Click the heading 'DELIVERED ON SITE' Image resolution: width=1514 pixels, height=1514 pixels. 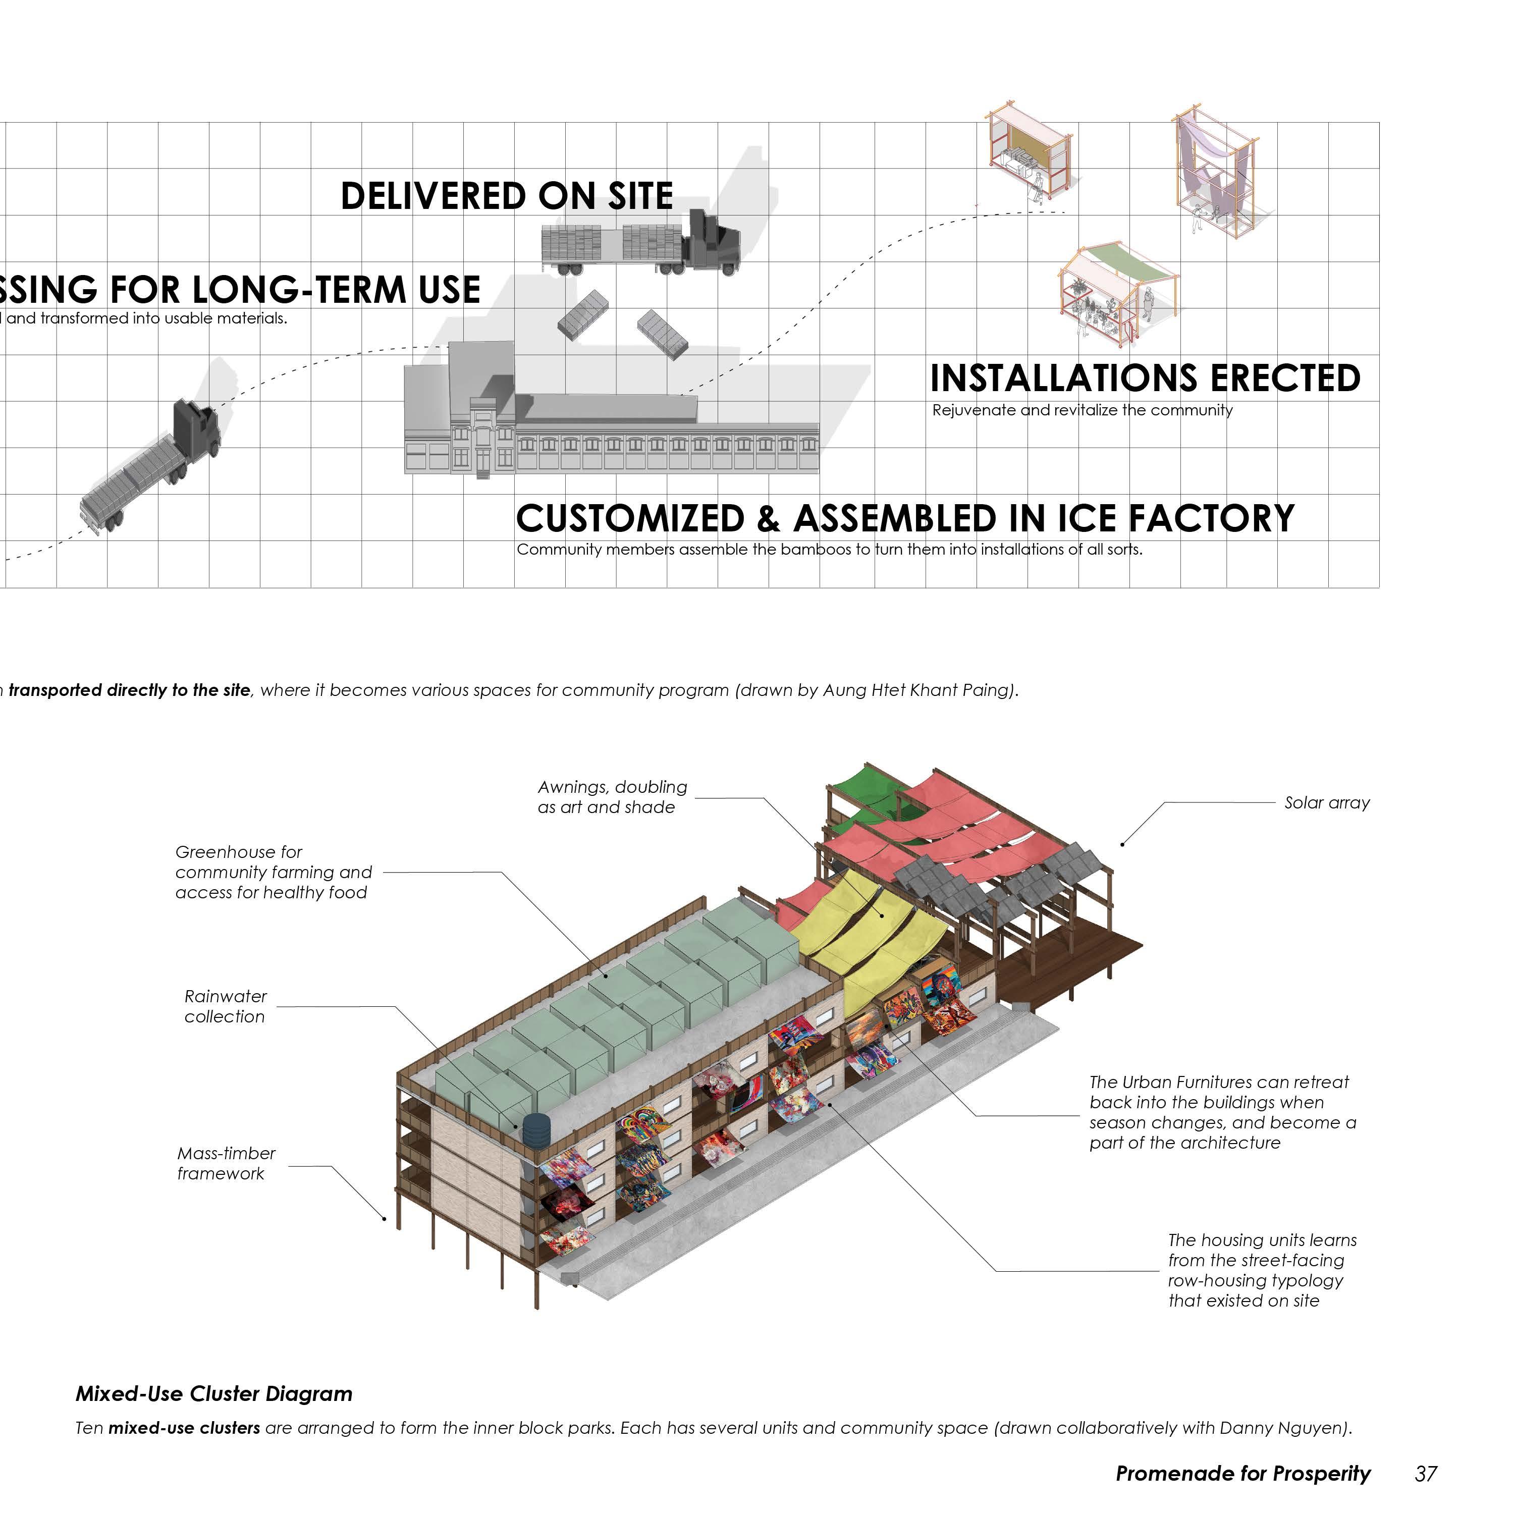click(x=506, y=196)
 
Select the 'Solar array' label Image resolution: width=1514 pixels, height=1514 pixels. click(x=1327, y=802)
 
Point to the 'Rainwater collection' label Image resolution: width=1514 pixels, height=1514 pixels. click(x=225, y=1006)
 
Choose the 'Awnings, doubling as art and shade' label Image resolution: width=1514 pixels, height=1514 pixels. click(x=612, y=797)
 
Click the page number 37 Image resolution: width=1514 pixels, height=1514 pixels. click(x=1426, y=1474)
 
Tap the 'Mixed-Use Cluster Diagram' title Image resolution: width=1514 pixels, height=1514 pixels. click(x=214, y=1394)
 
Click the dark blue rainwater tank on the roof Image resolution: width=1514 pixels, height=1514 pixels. click(x=536, y=1129)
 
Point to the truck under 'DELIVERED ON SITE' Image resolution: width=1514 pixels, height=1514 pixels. click(x=640, y=241)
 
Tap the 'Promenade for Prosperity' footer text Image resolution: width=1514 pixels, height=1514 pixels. click(x=1243, y=1474)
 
